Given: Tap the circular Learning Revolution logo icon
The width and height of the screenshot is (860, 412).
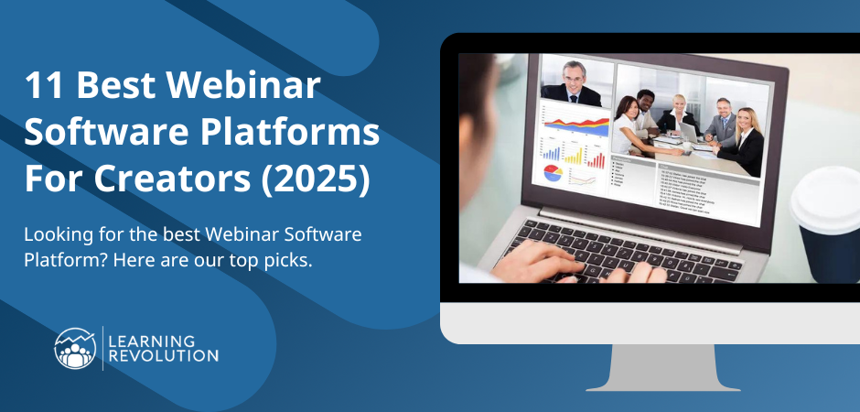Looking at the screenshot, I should (x=76, y=348).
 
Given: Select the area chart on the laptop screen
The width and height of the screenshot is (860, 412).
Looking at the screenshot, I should (x=576, y=123).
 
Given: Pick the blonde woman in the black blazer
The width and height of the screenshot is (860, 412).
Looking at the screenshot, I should (x=745, y=134).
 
